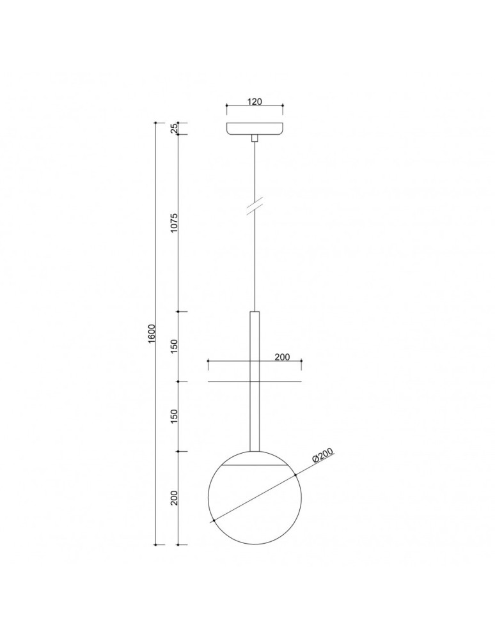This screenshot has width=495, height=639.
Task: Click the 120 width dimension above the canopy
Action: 255,102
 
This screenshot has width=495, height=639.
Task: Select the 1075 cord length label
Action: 173,223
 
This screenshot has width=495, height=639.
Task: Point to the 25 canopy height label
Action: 173,128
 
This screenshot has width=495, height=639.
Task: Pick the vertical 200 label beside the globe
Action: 173,498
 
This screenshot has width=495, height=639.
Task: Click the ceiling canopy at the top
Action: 255,127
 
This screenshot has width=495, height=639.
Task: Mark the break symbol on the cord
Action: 255,207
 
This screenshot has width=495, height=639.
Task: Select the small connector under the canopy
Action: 255,137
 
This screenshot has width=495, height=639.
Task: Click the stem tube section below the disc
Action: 255,415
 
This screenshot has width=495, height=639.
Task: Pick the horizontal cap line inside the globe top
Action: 255,465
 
